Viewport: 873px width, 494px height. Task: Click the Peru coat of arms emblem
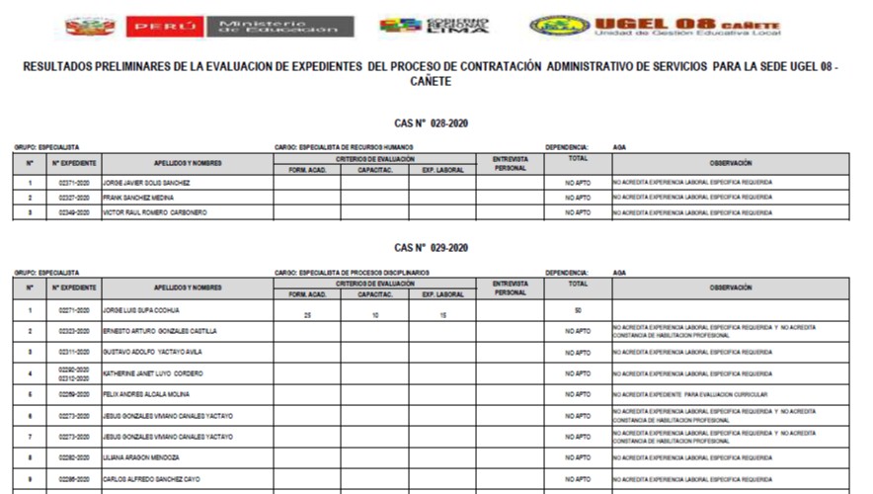[90, 26]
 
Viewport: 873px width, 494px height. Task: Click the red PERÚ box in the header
[164, 26]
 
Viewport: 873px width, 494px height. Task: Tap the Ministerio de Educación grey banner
[278, 26]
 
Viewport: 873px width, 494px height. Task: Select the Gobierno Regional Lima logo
[435, 26]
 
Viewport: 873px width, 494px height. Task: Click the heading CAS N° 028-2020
[431, 123]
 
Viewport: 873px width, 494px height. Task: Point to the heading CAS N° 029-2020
[431, 248]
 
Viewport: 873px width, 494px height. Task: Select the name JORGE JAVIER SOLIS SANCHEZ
[146, 183]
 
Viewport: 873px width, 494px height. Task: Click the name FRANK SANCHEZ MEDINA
[137, 198]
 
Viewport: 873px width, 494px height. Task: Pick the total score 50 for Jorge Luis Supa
[577, 310]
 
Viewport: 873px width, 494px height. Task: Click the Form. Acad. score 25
[306, 315]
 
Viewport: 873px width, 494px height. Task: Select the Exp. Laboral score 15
[442, 315]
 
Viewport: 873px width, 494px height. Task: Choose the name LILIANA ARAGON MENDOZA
[140, 458]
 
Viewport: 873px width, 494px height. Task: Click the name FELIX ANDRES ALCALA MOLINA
[146, 394]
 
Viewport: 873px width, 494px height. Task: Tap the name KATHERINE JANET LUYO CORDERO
[153, 373]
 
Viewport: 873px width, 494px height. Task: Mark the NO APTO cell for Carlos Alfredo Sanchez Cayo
[577, 479]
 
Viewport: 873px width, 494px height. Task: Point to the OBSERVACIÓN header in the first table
[730, 163]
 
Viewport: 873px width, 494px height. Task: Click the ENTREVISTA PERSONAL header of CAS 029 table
[510, 288]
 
